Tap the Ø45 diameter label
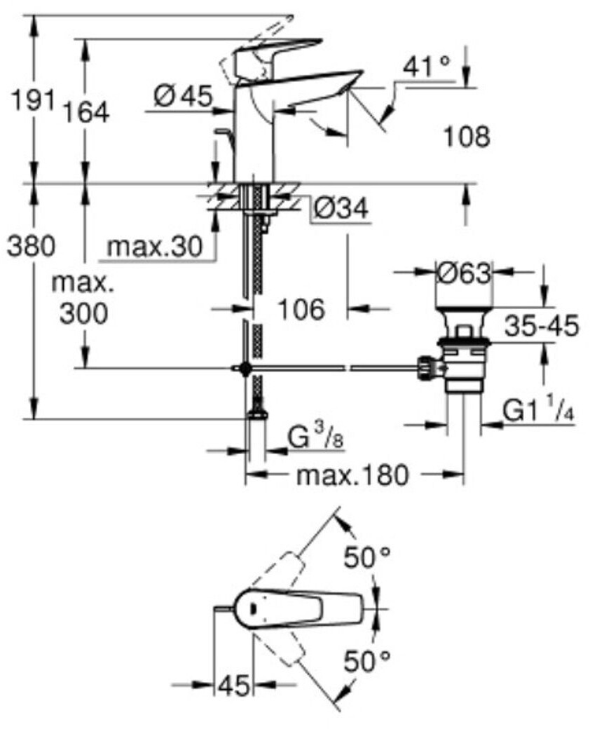[x=183, y=97]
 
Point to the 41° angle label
[x=427, y=67]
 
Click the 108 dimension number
[x=467, y=137]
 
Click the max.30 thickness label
[x=155, y=246]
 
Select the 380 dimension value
[x=31, y=246]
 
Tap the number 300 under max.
[x=83, y=313]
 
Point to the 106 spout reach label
[x=301, y=309]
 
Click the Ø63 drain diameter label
[x=464, y=273]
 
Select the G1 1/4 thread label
[x=539, y=410]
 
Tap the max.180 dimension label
[x=353, y=475]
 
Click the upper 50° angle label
[x=367, y=557]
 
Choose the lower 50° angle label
[x=367, y=660]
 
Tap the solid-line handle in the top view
[x=298, y=609]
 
